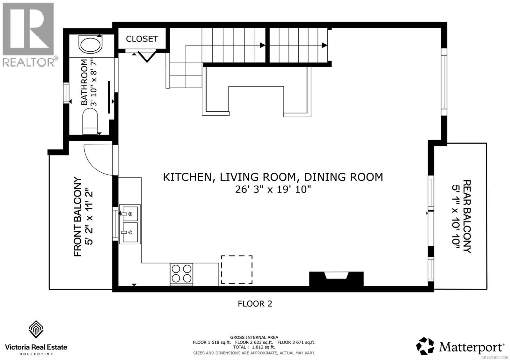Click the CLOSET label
(x=142, y=39)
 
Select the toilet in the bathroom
(x=91, y=121)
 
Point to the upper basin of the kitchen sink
(x=130, y=213)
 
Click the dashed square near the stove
(x=237, y=270)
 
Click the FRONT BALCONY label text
(x=78, y=217)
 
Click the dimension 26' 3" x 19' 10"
(x=273, y=190)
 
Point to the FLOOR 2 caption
(x=255, y=304)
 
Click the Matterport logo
(x=460, y=346)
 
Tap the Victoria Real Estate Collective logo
(x=36, y=338)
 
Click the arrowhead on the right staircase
(x=324, y=45)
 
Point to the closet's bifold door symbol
(x=147, y=56)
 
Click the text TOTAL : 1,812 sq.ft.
(x=254, y=347)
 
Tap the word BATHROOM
(x=84, y=82)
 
